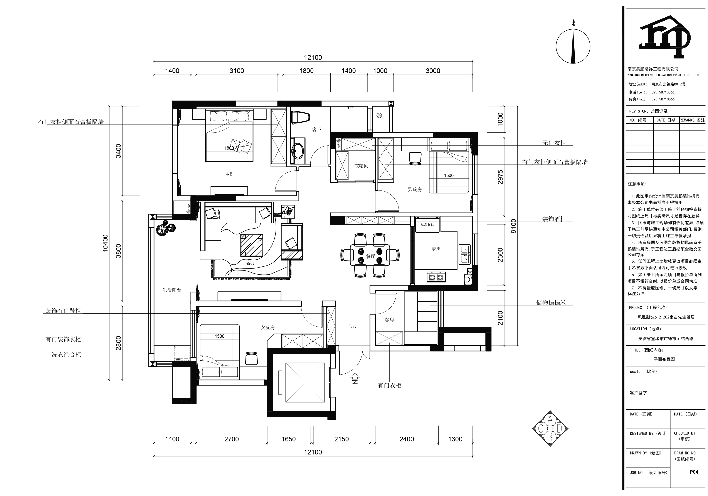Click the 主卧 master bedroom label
pyautogui.click(x=229, y=174)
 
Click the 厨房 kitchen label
pyautogui.click(x=436, y=249)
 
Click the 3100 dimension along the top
pyautogui.click(x=237, y=71)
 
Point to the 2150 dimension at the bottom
pyautogui.click(x=341, y=439)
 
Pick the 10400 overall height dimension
pyautogui.click(x=106, y=243)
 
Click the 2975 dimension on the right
pyautogui.click(x=500, y=177)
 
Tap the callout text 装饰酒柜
pyautogui.click(x=554, y=219)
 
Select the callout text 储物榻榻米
pyautogui.click(x=551, y=302)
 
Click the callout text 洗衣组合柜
pyautogui.click(x=66, y=355)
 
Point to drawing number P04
pyautogui.click(x=694, y=472)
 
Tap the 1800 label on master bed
pyautogui.click(x=229, y=148)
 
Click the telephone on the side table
pyautogui.click(x=288, y=211)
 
